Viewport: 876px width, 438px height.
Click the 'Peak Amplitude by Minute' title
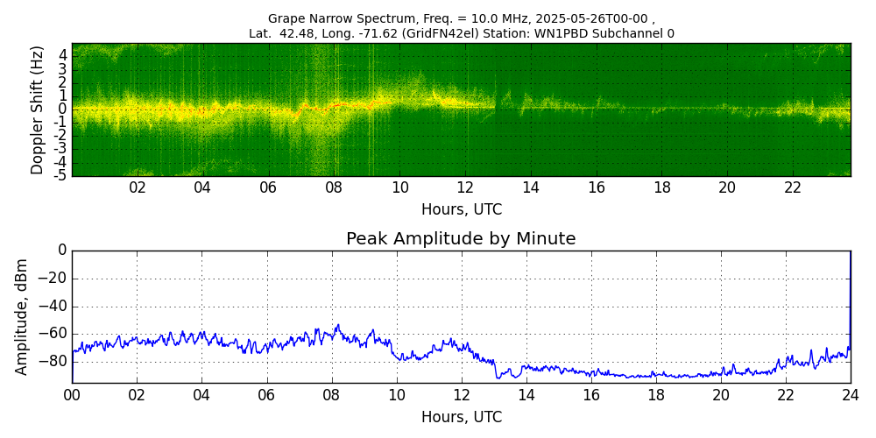[x=461, y=239]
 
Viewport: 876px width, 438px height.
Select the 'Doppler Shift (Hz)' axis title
[x=37, y=110]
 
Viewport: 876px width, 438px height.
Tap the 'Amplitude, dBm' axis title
[x=22, y=316]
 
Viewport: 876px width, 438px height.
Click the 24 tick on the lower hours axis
[x=850, y=395]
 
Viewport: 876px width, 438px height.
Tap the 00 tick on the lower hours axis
[x=72, y=395]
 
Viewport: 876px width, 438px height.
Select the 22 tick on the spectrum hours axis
[x=793, y=188]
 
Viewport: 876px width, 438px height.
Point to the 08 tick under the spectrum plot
[x=334, y=188]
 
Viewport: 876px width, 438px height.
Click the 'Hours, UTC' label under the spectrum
[x=461, y=210]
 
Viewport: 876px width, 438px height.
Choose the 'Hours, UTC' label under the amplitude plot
[x=461, y=418]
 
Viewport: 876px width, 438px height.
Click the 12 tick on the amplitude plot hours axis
[x=461, y=395]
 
